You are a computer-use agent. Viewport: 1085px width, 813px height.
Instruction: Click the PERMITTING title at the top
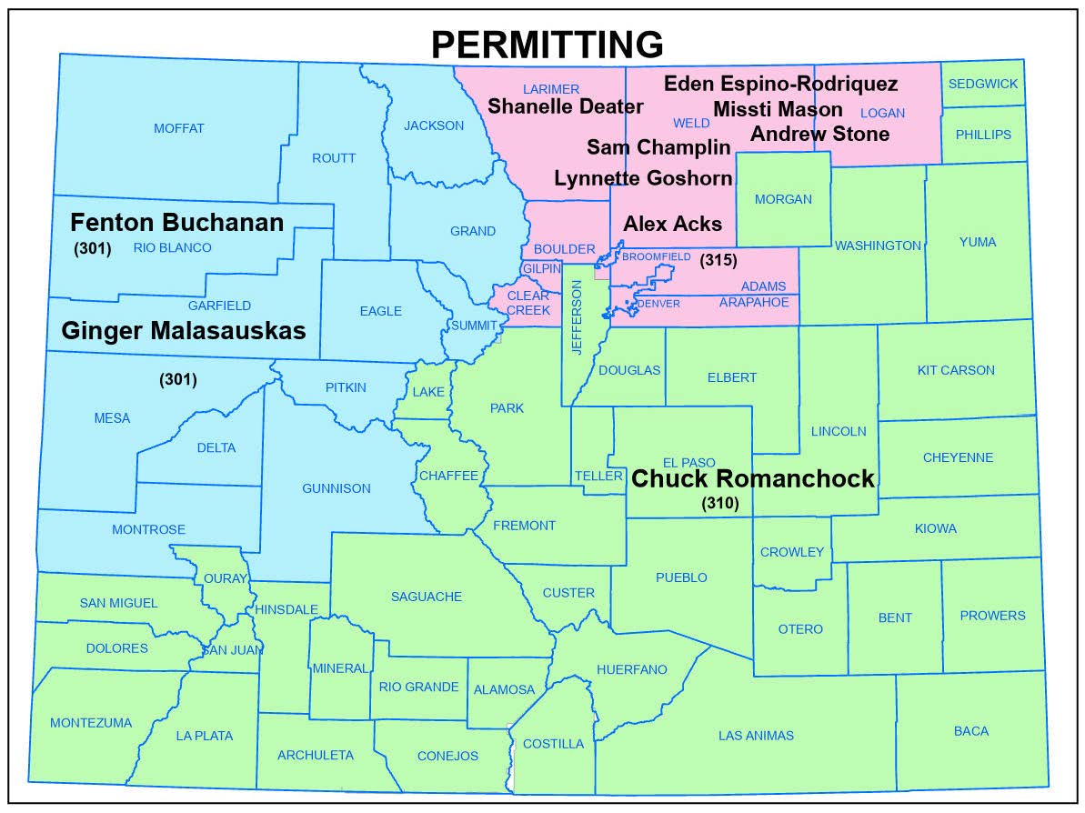[547, 43]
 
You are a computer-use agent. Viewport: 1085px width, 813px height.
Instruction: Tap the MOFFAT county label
[179, 128]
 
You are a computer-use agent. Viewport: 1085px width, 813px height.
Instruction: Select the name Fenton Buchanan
[177, 222]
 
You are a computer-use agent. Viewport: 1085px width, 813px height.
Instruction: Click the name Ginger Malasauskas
[184, 330]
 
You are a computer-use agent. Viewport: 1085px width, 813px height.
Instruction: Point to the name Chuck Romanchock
[753, 478]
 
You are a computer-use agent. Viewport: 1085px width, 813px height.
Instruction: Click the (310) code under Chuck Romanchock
[719, 502]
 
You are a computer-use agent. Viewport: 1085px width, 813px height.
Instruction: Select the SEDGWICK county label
[983, 84]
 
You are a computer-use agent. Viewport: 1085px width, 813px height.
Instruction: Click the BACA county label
[971, 730]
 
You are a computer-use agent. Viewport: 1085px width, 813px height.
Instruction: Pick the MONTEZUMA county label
[91, 723]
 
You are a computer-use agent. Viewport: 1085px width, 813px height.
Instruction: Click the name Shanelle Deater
[566, 106]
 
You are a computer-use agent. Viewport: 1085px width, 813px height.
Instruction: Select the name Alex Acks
[672, 224]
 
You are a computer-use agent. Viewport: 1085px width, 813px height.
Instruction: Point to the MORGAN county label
[783, 199]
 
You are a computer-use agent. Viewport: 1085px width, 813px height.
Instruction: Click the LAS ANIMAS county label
[756, 736]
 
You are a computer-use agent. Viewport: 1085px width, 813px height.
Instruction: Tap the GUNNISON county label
[337, 488]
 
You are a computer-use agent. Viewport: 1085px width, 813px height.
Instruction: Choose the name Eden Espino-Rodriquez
[781, 85]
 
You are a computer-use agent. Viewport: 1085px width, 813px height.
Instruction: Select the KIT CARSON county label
[956, 370]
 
